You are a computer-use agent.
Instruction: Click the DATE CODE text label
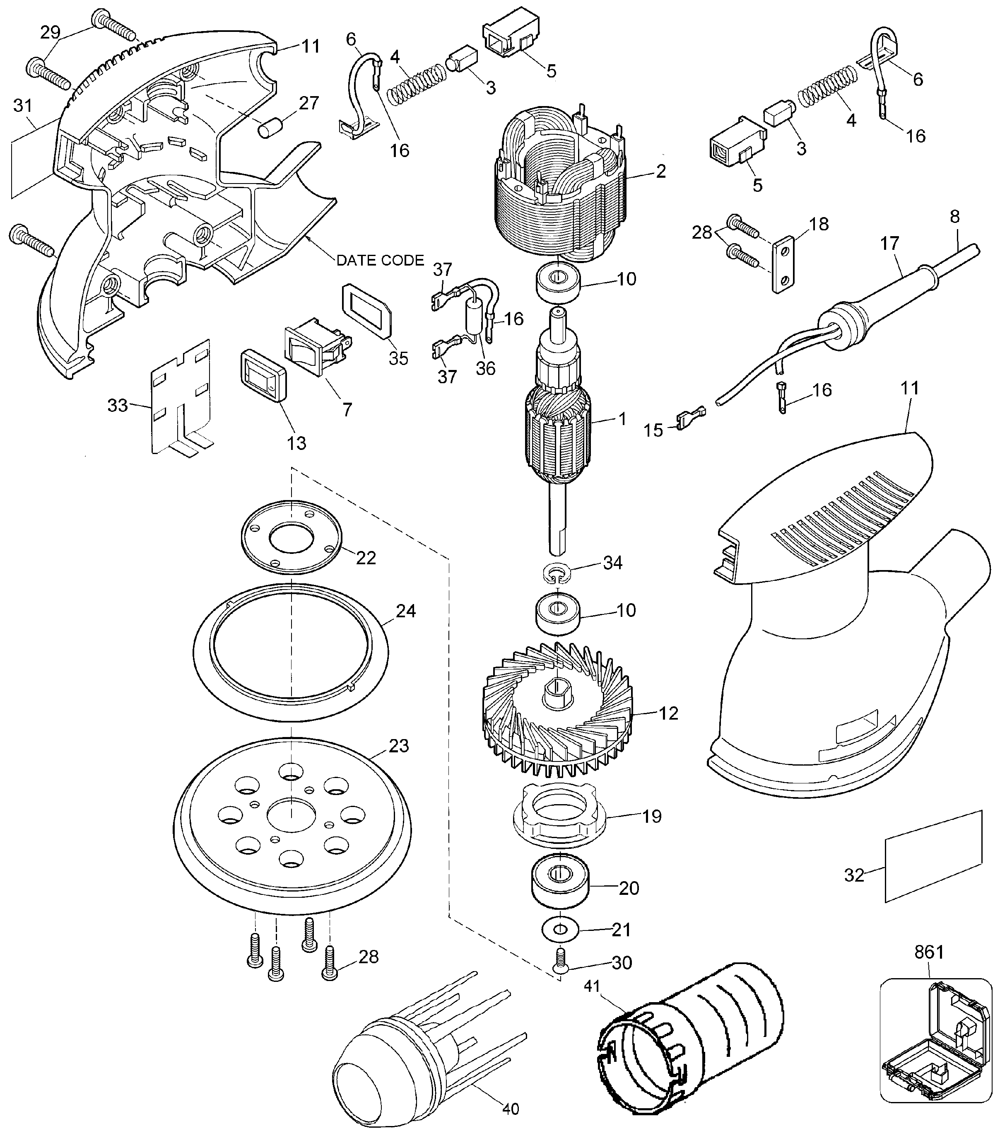[380, 260]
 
